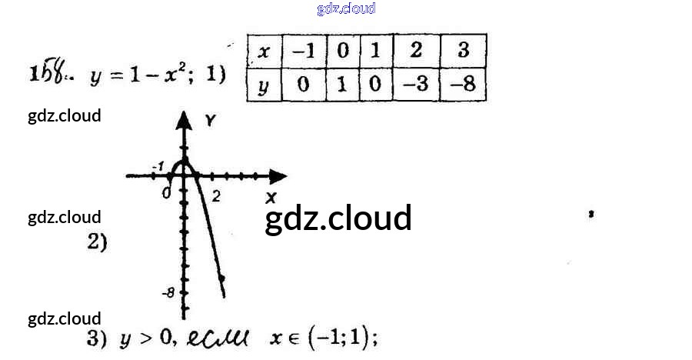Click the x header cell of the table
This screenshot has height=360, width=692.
coord(264,52)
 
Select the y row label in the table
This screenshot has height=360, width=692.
coord(264,85)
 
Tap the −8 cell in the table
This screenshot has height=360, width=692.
coord(463,85)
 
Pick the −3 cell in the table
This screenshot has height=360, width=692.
coord(415,85)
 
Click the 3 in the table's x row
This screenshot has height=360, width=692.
coord(463,52)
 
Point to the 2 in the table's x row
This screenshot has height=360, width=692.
coord(415,52)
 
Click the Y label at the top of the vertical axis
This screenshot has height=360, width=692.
coord(210,119)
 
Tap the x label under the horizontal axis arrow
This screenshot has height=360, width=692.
coord(270,198)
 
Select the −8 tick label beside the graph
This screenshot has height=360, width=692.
coord(168,292)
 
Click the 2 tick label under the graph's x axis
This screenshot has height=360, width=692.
coord(216,195)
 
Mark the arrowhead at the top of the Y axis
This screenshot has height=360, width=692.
coord(184,119)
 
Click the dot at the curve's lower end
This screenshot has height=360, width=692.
coord(221,278)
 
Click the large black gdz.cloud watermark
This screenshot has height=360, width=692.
coord(338,218)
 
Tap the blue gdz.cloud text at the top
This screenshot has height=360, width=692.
coord(346,8)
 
